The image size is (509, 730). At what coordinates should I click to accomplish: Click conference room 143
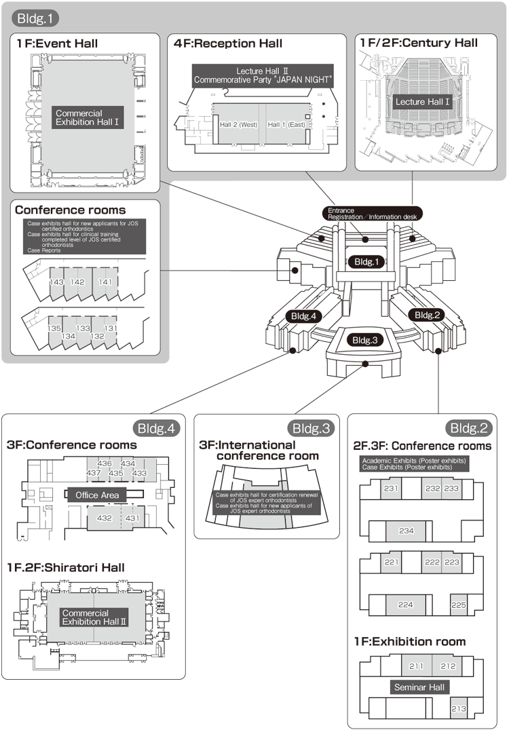[57, 282]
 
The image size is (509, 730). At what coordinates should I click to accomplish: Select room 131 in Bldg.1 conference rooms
[110, 328]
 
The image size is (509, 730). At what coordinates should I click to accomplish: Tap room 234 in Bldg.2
[407, 531]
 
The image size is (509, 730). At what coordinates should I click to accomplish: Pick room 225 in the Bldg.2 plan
[458, 604]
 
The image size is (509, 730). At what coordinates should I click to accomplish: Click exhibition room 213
[458, 709]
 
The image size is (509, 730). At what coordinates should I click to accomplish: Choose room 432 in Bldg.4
[105, 518]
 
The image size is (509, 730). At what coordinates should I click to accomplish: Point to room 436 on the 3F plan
[105, 463]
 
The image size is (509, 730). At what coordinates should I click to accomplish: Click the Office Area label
[97, 495]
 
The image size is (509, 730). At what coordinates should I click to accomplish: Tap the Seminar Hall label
[419, 687]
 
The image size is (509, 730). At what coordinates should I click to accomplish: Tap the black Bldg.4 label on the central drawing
[304, 315]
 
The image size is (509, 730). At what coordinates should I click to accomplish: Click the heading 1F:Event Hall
[58, 43]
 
